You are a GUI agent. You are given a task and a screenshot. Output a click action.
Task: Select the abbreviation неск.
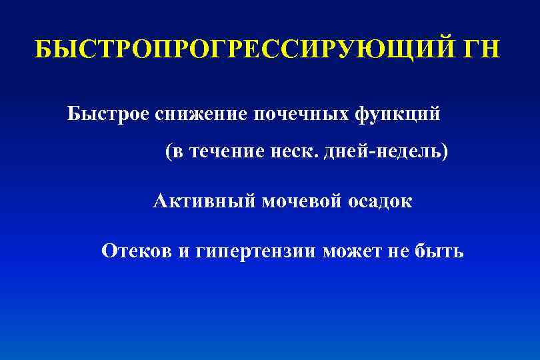click(x=289, y=153)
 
